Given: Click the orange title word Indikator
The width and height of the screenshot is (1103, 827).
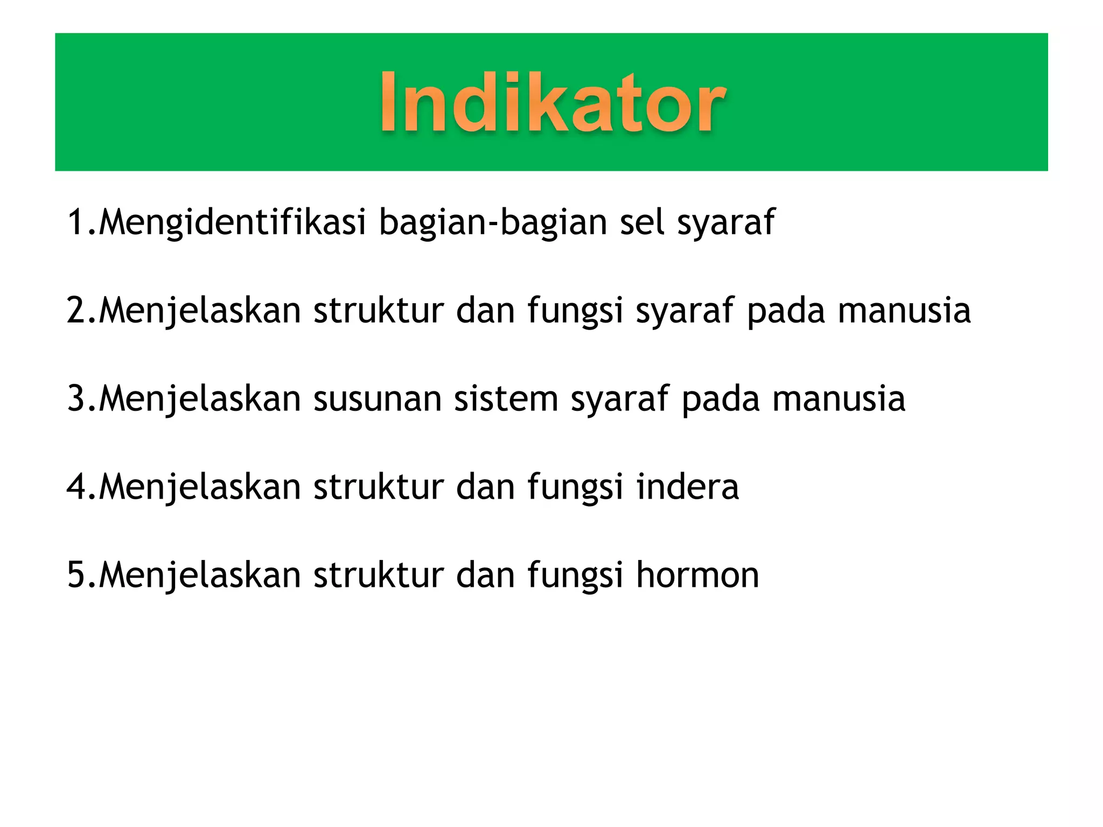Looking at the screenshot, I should click(553, 102).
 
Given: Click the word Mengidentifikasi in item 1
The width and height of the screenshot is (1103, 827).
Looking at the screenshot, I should click(233, 222).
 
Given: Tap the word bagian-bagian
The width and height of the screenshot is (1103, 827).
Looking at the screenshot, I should click(493, 222).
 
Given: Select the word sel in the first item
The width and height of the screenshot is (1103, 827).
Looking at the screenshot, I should click(642, 222).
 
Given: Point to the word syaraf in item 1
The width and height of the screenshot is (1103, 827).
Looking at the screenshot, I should click(725, 223).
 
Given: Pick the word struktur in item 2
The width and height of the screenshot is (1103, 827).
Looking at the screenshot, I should click(378, 311).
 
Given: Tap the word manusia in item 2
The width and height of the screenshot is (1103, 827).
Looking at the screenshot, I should click(904, 311).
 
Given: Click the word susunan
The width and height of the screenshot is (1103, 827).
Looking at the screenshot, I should click(377, 399).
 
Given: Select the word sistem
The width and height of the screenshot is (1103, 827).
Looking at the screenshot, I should click(506, 399).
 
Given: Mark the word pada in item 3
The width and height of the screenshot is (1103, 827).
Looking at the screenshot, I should click(720, 399).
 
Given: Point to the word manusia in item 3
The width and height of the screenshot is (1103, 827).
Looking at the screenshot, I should click(839, 399).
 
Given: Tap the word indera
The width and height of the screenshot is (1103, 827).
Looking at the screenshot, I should click(687, 487).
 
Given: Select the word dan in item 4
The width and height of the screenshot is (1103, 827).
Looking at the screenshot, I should click(485, 487).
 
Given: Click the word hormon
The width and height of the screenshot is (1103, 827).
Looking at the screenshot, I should click(697, 574).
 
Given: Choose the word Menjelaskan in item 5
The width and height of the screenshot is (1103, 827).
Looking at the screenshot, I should click(200, 576).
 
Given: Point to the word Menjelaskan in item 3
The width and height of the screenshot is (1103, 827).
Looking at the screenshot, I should click(200, 400).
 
